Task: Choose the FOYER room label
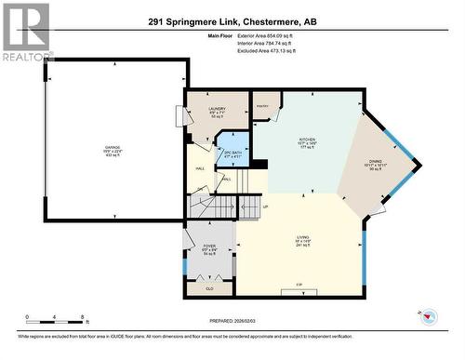(209, 247)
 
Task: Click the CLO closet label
(209, 288)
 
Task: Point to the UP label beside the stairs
(266, 206)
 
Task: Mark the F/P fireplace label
(299, 283)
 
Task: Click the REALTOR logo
(26, 32)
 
